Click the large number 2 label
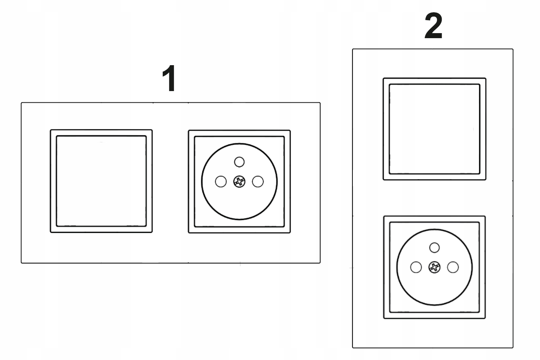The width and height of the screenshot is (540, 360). click(x=433, y=26)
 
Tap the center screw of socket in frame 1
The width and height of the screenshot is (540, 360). click(x=239, y=181)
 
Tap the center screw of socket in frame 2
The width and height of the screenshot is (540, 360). click(x=435, y=267)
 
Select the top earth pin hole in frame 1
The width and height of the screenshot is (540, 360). click(x=239, y=162)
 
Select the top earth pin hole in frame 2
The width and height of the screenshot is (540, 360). click(x=435, y=248)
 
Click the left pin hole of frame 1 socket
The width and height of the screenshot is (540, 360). click(x=221, y=181)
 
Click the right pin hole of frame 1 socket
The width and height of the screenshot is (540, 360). click(x=258, y=181)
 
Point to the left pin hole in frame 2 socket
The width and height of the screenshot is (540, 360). click(x=416, y=267)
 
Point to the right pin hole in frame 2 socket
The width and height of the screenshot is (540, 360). click(x=453, y=267)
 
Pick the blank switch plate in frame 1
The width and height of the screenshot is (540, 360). click(x=101, y=181)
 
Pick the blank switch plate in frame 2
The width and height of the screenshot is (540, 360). click(x=435, y=129)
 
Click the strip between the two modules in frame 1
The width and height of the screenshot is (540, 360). click(x=170, y=181)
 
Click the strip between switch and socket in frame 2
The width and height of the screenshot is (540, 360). click(x=435, y=198)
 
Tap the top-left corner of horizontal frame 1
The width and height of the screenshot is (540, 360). click(x=22, y=103)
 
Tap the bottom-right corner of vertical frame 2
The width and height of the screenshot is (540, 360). click(x=513, y=347)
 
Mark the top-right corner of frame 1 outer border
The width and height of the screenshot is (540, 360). click(x=320, y=103)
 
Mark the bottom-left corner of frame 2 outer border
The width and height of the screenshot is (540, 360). click(x=353, y=347)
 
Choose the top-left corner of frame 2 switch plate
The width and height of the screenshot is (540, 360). click(x=383, y=78)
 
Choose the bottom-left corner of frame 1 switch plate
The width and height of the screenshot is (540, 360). click(x=51, y=232)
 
